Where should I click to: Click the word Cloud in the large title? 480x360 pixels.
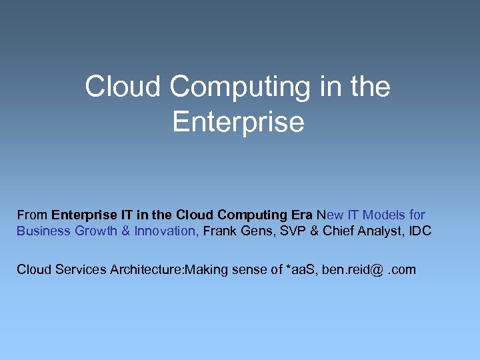(122, 87)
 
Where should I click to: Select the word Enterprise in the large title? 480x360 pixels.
(238, 122)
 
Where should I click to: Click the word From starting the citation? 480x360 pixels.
(32, 215)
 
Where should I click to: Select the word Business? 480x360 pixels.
(44, 231)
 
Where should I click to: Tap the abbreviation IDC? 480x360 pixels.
(421, 231)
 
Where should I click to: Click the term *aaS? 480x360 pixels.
(299, 269)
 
